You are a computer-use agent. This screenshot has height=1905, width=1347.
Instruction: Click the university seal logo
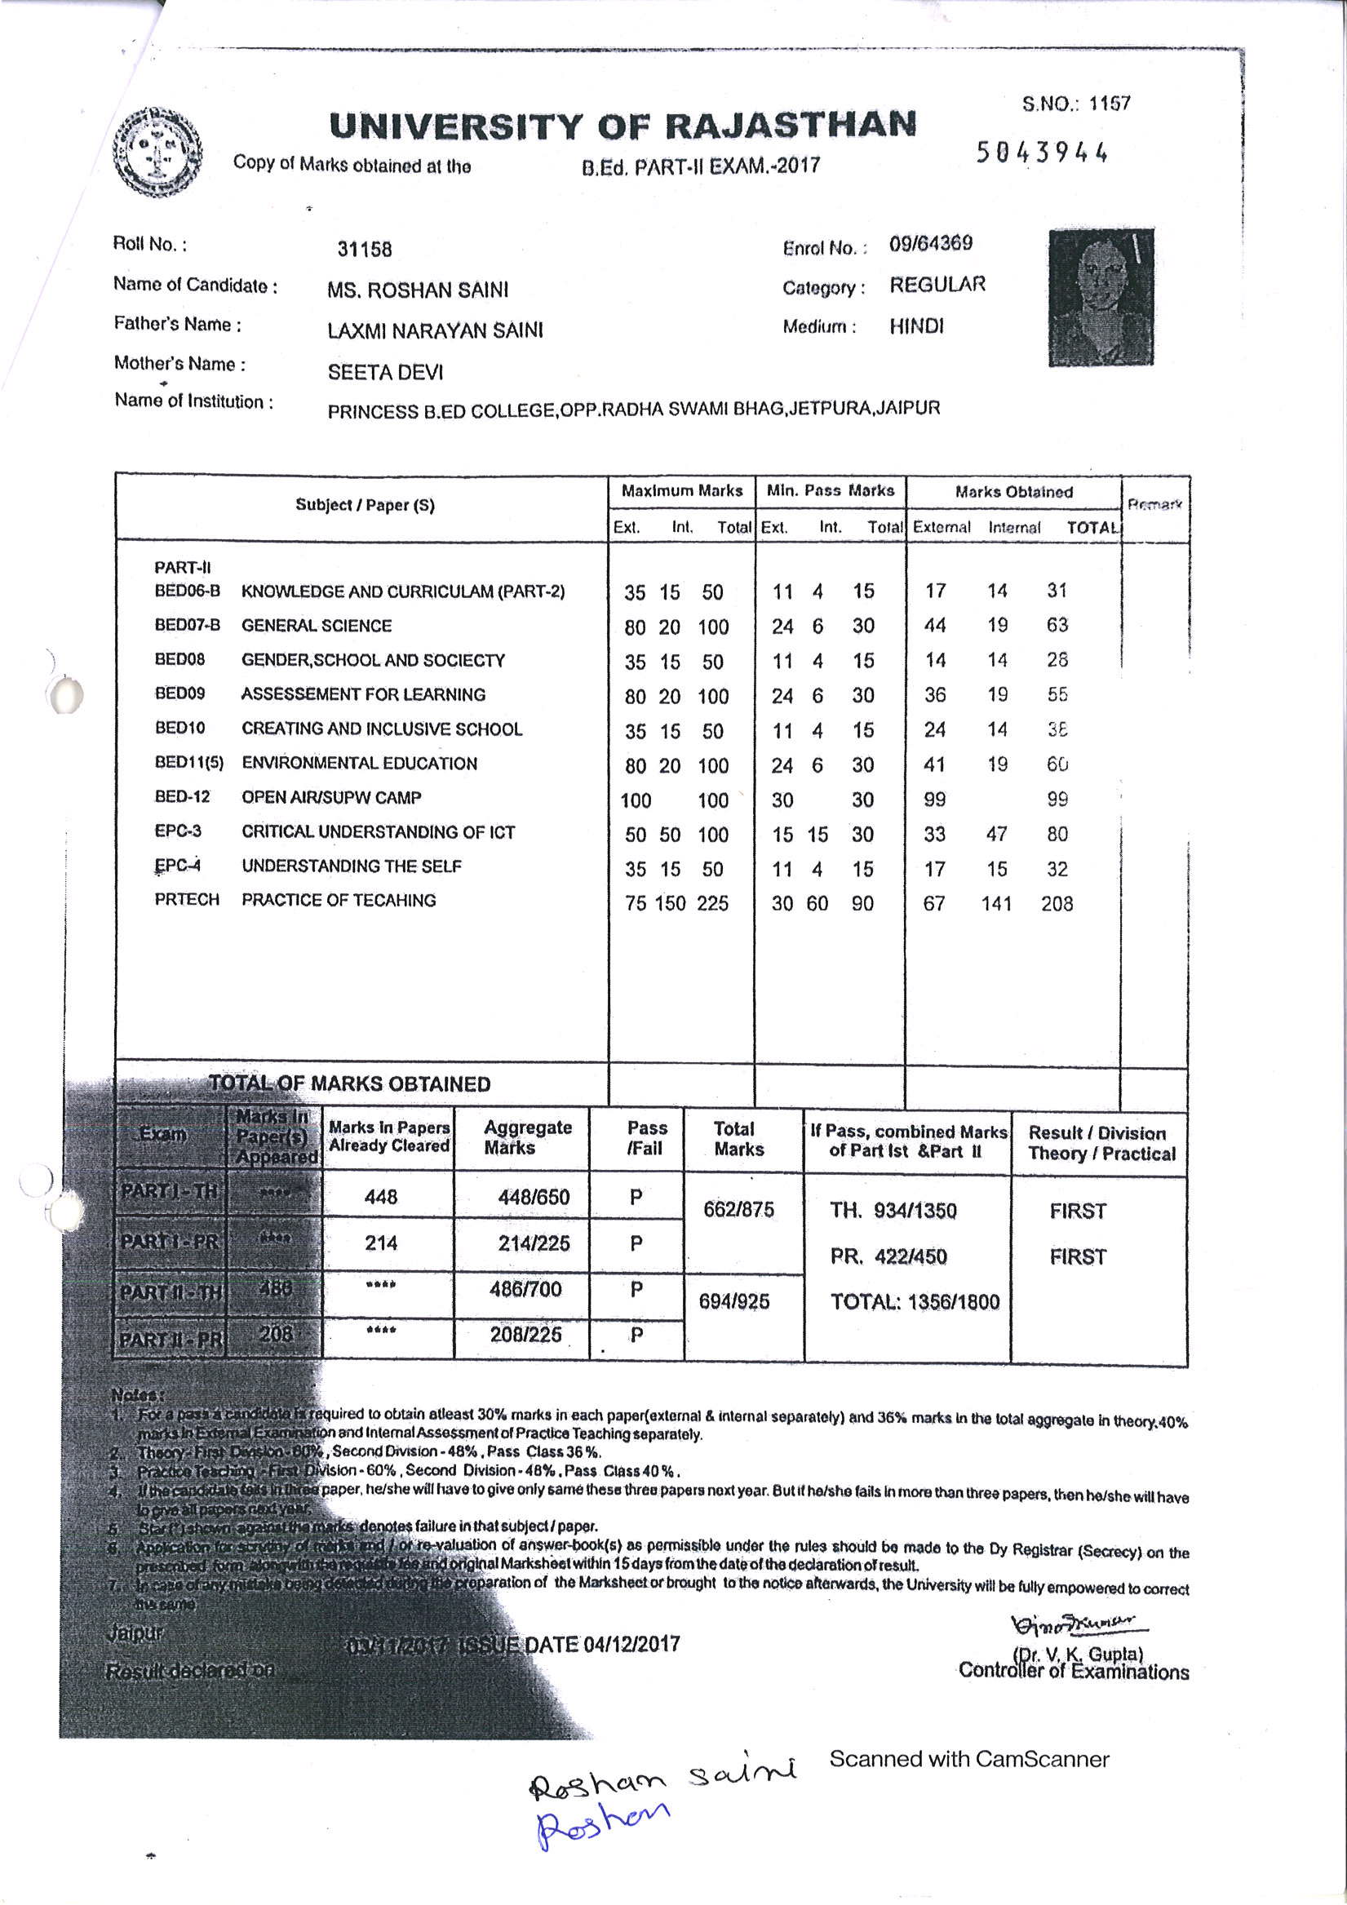click(157, 152)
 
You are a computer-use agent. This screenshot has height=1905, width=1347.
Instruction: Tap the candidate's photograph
click(1101, 297)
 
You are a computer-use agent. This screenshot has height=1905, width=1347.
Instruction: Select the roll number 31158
click(365, 249)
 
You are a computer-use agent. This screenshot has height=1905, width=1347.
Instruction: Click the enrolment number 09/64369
click(930, 244)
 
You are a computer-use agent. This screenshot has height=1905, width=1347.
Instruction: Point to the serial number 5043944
click(1042, 153)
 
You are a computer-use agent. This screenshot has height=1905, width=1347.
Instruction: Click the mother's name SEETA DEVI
click(385, 373)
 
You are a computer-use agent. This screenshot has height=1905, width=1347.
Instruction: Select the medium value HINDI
click(916, 327)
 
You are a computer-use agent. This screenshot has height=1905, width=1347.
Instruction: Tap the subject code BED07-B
click(188, 626)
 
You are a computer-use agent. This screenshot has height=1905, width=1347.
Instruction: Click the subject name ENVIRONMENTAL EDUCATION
click(359, 764)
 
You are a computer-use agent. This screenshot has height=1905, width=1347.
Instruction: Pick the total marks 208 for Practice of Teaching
click(1057, 903)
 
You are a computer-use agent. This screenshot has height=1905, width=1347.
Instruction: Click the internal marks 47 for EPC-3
click(996, 834)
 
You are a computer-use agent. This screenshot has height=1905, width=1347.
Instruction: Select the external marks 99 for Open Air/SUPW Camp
click(934, 800)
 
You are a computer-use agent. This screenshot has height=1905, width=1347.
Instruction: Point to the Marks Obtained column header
click(1013, 492)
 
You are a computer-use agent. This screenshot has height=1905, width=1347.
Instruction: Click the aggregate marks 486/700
click(525, 1289)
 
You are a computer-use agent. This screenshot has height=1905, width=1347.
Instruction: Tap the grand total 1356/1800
click(915, 1302)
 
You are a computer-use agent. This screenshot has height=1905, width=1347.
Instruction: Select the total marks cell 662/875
click(738, 1210)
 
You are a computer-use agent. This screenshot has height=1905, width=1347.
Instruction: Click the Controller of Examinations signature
click(1077, 1623)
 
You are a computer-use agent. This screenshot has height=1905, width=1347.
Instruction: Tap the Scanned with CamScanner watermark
click(968, 1759)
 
